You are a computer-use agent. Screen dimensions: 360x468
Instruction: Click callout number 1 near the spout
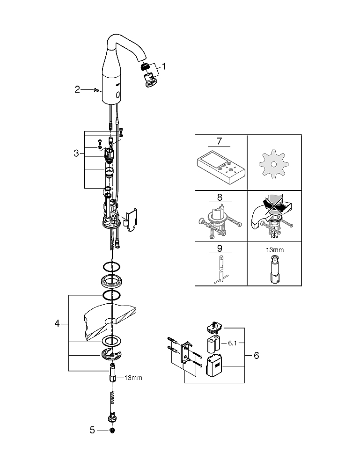pos(163,66)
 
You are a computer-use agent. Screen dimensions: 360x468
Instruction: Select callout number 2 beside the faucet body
pos(77,89)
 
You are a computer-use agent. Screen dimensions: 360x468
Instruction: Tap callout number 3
pos(76,154)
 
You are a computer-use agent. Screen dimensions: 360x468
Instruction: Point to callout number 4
pos(57,323)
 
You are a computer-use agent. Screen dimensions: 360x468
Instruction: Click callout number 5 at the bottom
pos(92,430)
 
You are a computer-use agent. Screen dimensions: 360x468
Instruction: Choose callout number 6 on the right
pos(257,356)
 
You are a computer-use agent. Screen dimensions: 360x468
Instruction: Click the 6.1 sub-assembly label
pos(233,343)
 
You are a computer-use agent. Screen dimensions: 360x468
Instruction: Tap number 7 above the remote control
pos(220,140)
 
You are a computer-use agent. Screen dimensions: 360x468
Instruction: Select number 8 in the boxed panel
pos(220,197)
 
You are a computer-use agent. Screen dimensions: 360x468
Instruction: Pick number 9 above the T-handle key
pos(220,249)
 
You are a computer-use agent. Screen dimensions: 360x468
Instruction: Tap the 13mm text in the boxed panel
pos(275,250)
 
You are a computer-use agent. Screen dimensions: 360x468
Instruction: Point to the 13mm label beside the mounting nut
pos(133,378)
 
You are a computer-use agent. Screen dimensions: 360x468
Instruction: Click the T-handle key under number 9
pos(220,269)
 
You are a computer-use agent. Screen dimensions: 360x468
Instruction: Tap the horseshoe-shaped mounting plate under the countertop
pos(111,354)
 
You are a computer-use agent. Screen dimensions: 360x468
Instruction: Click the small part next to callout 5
pos(112,431)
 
